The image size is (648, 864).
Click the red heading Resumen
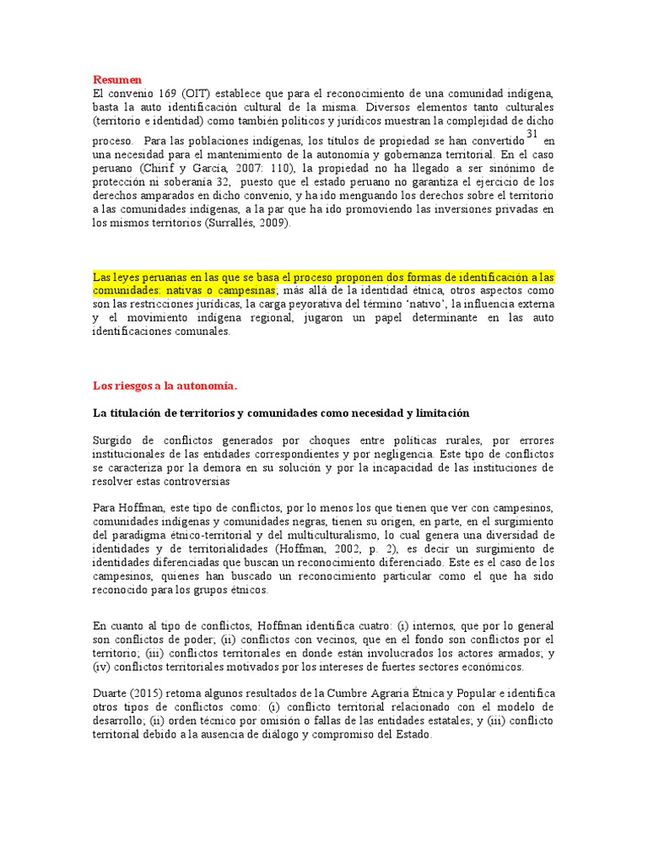coord(117,79)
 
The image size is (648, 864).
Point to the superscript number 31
coord(531,135)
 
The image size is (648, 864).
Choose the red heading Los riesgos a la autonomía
coord(165,386)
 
